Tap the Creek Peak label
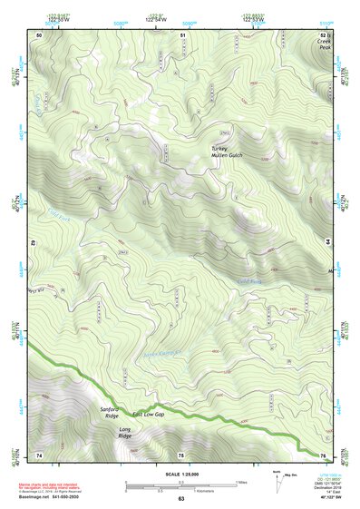pos(325,41)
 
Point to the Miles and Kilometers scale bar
pos(180,487)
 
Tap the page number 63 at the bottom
pos(180,499)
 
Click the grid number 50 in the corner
pos(39,34)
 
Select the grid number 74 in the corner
pos(39,454)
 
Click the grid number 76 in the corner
pos(322,454)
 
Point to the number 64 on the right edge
pos(327,242)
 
